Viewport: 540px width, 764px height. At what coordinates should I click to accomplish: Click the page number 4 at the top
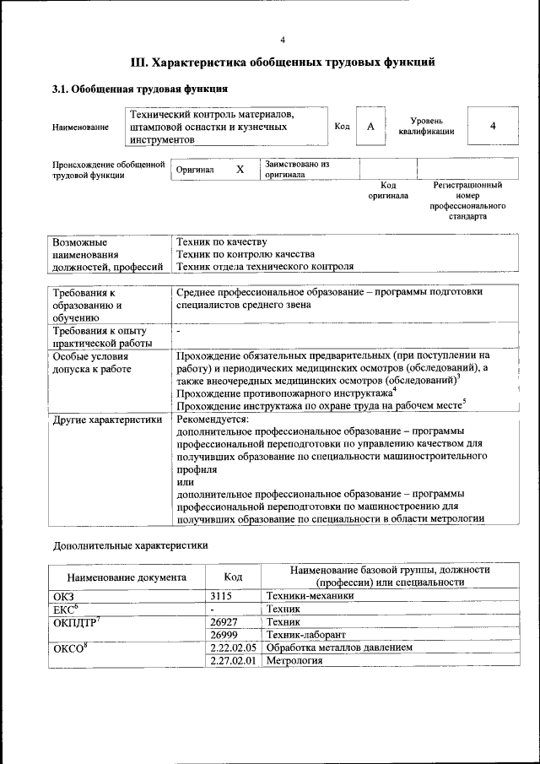(x=283, y=39)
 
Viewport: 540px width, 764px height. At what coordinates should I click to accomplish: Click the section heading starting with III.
(x=283, y=62)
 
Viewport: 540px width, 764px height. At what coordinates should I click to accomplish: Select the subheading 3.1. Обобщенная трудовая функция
(x=139, y=89)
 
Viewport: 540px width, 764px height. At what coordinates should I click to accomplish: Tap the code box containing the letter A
(x=370, y=127)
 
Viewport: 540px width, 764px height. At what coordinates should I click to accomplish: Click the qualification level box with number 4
(x=492, y=127)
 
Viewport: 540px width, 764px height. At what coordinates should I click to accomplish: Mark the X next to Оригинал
(x=240, y=169)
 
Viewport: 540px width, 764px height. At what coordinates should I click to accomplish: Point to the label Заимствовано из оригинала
(x=296, y=169)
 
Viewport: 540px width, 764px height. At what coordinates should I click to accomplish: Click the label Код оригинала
(x=388, y=190)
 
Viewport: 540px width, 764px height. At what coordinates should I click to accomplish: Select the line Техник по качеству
(x=221, y=241)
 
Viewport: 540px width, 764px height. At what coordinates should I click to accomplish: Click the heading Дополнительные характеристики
(x=131, y=545)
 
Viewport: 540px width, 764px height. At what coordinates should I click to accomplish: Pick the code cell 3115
(x=221, y=596)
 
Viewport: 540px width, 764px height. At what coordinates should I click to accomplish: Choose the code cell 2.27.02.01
(x=233, y=660)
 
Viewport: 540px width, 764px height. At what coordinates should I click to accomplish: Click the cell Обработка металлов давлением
(x=339, y=648)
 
